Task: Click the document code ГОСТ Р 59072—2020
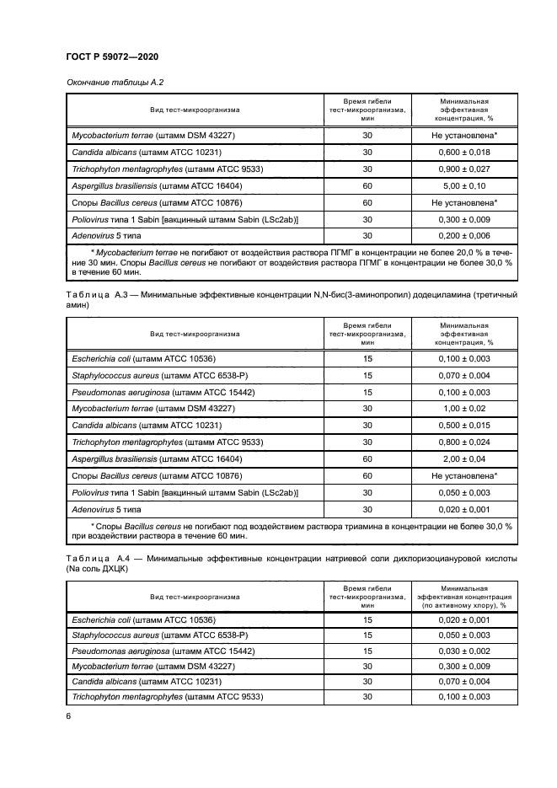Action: click(x=112, y=56)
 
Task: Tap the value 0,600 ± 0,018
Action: click(x=463, y=153)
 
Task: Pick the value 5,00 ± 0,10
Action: click(x=463, y=186)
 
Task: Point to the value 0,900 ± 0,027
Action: click(x=463, y=169)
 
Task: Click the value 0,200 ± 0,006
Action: click(x=463, y=237)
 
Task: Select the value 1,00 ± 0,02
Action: click(x=463, y=409)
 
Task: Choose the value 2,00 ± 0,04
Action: click(x=463, y=459)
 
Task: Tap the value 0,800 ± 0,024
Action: click(x=463, y=442)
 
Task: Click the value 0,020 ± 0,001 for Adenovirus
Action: click(x=463, y=509)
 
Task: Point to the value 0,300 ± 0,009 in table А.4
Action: click(x=463, y=666)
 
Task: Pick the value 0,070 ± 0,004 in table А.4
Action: click(x=463, y=682)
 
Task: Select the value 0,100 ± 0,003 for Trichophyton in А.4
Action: click(x=463, y=698)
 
